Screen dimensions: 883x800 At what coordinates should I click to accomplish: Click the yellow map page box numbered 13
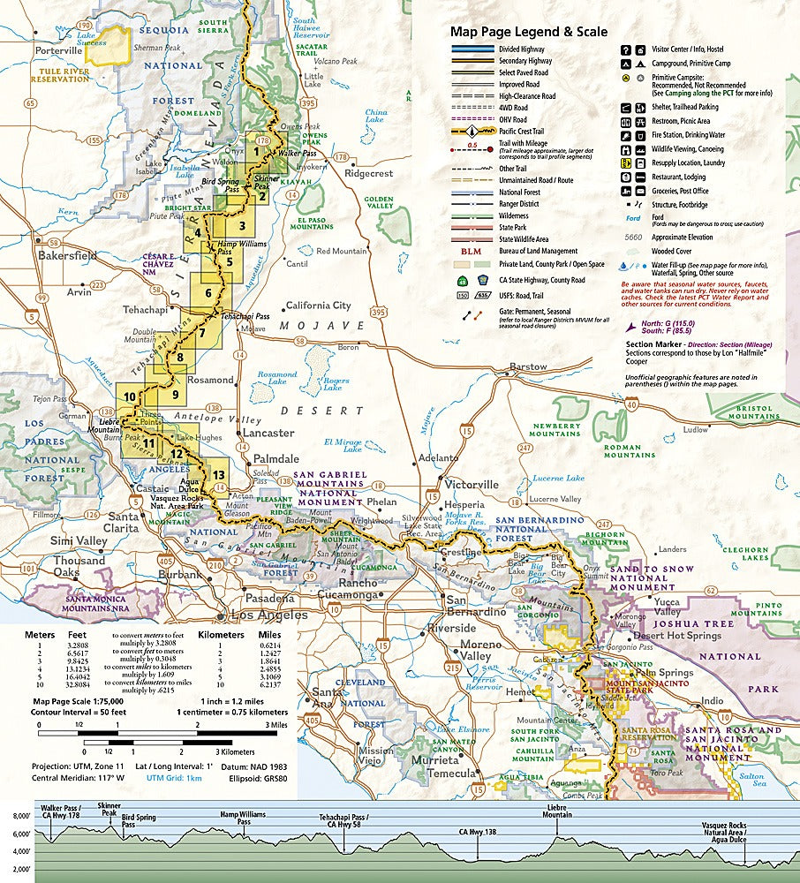coord(219,476)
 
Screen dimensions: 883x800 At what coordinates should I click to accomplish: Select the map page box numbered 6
coord(208,294)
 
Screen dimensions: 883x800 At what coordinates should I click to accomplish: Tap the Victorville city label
coord(472,485)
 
